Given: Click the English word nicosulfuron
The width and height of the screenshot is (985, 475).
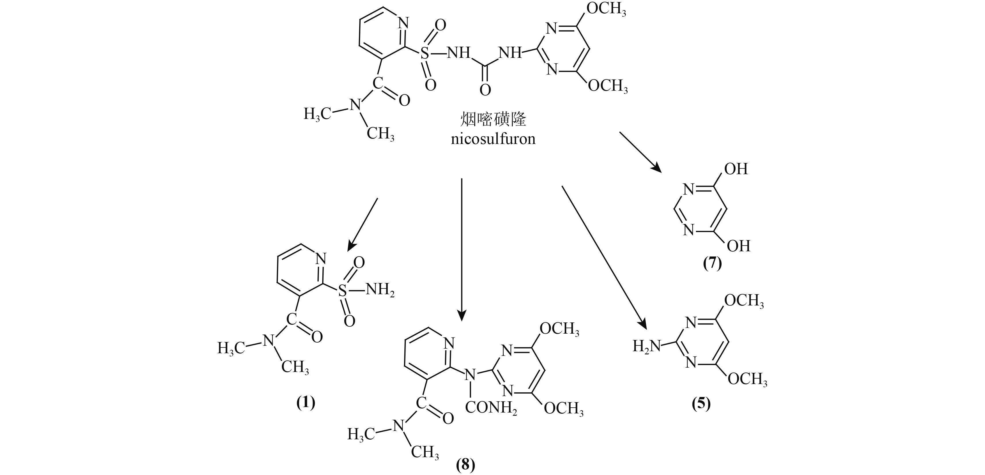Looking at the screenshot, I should click(493, 138).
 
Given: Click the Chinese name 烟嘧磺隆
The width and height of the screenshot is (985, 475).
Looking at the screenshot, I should click(493, 119).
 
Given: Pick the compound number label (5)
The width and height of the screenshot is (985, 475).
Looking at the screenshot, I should click(701, 404).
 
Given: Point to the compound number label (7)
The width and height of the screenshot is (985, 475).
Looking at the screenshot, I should click(712, 264).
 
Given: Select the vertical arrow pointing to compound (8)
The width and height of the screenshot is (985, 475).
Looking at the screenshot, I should click(462, 249).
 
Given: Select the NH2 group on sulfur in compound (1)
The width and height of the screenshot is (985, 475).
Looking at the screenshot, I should click(380, 290).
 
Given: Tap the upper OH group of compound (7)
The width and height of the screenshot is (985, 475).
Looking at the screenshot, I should click(736, 169).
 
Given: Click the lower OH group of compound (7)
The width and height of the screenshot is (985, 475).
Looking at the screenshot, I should click(738, 246).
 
